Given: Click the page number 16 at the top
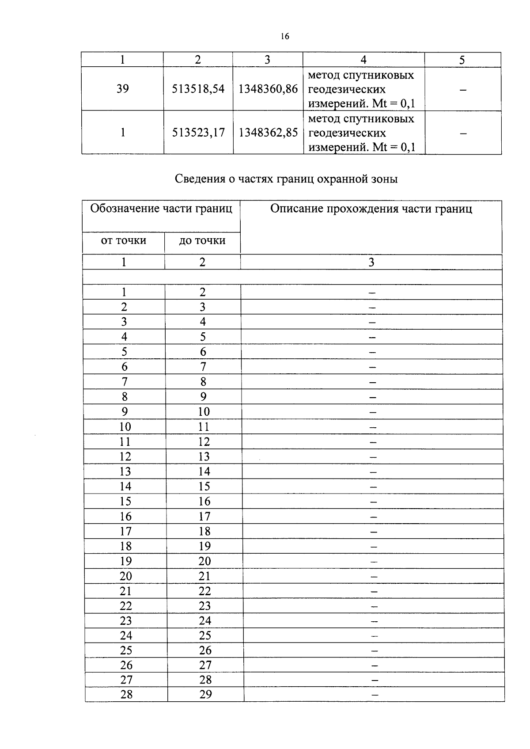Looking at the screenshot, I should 284,37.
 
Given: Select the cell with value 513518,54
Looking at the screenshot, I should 198,89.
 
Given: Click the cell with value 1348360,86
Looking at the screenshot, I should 268,89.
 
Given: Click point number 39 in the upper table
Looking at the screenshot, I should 122,89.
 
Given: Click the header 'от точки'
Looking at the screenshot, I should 123,240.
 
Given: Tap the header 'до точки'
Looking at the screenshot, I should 202,240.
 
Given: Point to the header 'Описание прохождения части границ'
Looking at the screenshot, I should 371,209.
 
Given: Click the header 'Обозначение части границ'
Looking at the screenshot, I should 161,209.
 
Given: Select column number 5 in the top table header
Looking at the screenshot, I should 462,60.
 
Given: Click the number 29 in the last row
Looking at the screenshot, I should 205,695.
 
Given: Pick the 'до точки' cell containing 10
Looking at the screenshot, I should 204,412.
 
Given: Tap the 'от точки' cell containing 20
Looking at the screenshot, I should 126,576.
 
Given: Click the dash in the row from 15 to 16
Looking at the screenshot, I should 374,502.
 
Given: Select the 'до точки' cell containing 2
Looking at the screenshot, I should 202,292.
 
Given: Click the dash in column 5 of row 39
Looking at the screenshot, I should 462,90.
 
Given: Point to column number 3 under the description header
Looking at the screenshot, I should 371,262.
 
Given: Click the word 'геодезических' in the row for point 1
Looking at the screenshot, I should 347,133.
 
